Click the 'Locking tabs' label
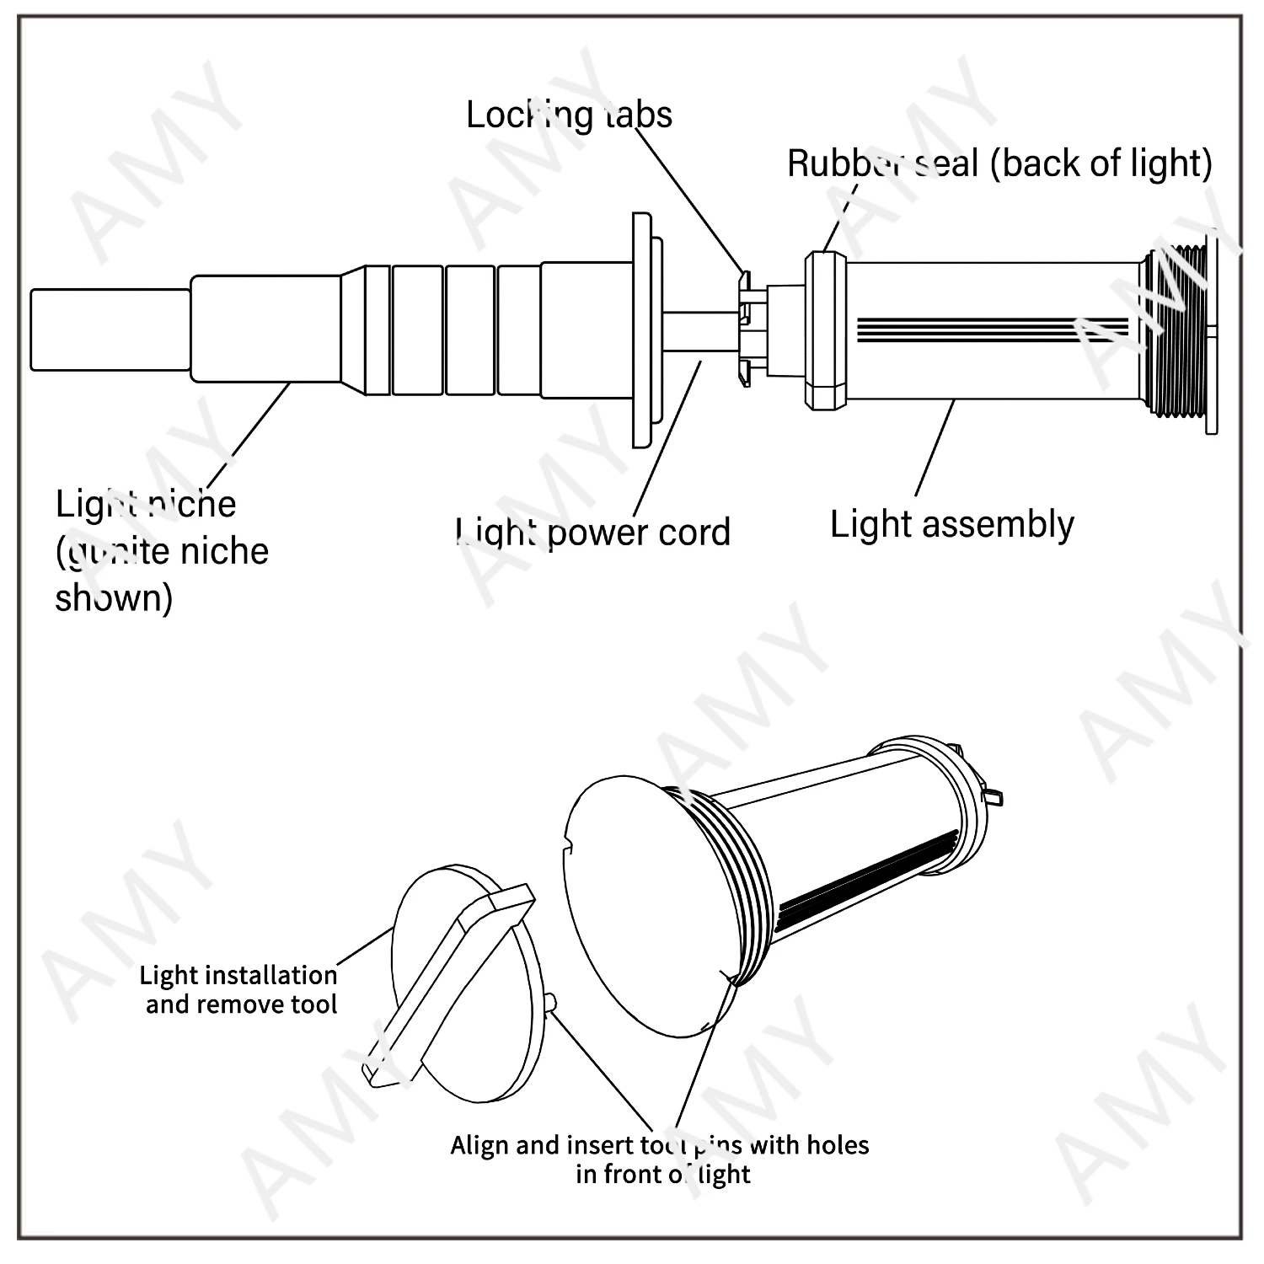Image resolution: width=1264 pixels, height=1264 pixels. pos(569,115)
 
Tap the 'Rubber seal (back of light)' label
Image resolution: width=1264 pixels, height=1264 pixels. pos(999,163)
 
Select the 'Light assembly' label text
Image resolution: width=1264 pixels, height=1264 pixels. pos(951,524)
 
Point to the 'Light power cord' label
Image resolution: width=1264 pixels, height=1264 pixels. pos(593,533)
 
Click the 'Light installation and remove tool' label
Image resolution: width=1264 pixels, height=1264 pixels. pos(239,989)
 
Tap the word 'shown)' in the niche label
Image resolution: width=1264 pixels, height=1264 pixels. pos(114,598)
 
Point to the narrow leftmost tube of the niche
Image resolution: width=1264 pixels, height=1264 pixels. pos(110,329)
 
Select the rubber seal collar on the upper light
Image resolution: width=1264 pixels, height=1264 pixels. pos(826,331)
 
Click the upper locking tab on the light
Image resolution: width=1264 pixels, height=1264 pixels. pos(743,276)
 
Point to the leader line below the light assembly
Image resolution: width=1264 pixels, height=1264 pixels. pos(935,447)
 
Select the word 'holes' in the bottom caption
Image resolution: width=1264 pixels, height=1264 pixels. pos(838,1145)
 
